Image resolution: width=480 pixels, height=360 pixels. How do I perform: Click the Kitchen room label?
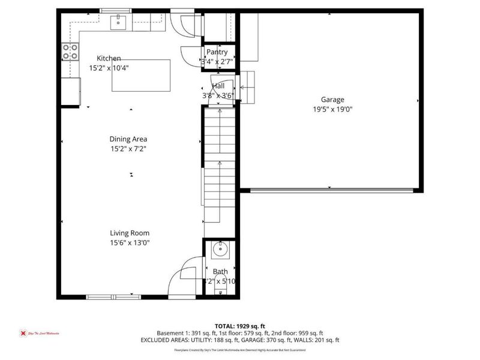click(x=109, y=58)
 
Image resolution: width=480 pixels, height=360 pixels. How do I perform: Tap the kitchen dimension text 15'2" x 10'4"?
click(x=109, y=68)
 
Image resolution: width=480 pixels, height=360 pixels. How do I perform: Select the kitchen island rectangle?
click(x=140, y=76)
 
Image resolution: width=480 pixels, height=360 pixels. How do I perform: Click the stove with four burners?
click(x=70, y=52)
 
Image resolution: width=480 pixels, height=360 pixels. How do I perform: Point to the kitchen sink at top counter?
click(x=118, y=23)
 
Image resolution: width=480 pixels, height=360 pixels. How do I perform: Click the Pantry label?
click(x=217, y=52)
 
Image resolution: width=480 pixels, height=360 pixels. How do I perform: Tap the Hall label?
click(x=218, y=86)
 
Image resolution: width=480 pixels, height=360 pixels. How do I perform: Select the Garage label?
click(x=332, y=100)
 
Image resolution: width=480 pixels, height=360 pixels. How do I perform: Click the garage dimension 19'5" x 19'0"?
click(x=332, y=109)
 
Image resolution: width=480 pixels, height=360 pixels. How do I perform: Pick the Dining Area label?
click(x=128, y=139)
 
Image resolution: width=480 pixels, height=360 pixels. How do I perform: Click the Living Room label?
click(x=129, y=233)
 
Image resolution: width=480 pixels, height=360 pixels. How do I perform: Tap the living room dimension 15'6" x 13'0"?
click(x=129, y=242)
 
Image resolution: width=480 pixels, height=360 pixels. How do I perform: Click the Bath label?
click(x=220, y=272)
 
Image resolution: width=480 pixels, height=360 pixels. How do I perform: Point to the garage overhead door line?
click(x=332, y=191)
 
